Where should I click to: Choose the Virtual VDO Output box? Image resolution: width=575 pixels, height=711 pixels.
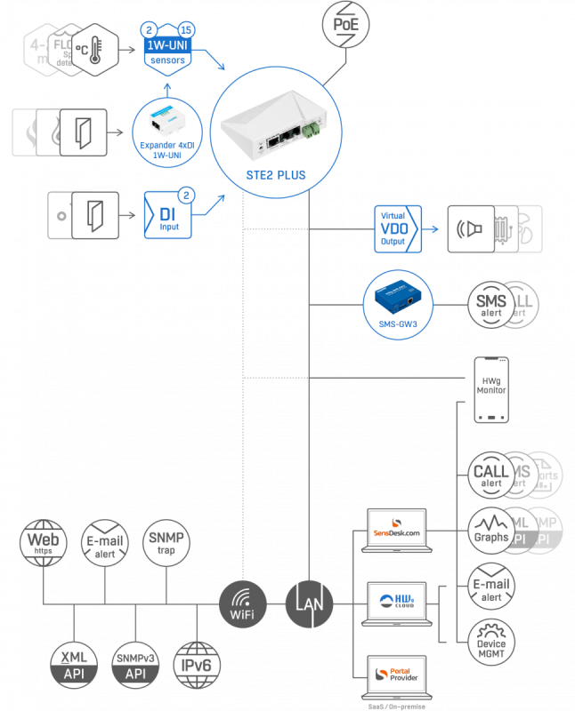click(x=394, y=228)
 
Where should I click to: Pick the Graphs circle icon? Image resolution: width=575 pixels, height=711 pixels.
click(x=491, y=531)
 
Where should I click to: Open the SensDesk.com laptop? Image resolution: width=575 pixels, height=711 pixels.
click(x=398, y=531)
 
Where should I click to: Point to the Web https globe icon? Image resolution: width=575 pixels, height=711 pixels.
click(x=45, y=543)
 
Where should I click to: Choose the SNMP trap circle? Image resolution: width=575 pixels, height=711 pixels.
click(x=166, y=543)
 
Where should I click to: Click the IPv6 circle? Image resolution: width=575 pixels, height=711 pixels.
click(x=195, y=665)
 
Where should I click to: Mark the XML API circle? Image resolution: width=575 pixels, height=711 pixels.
click(x=73, y=665)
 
